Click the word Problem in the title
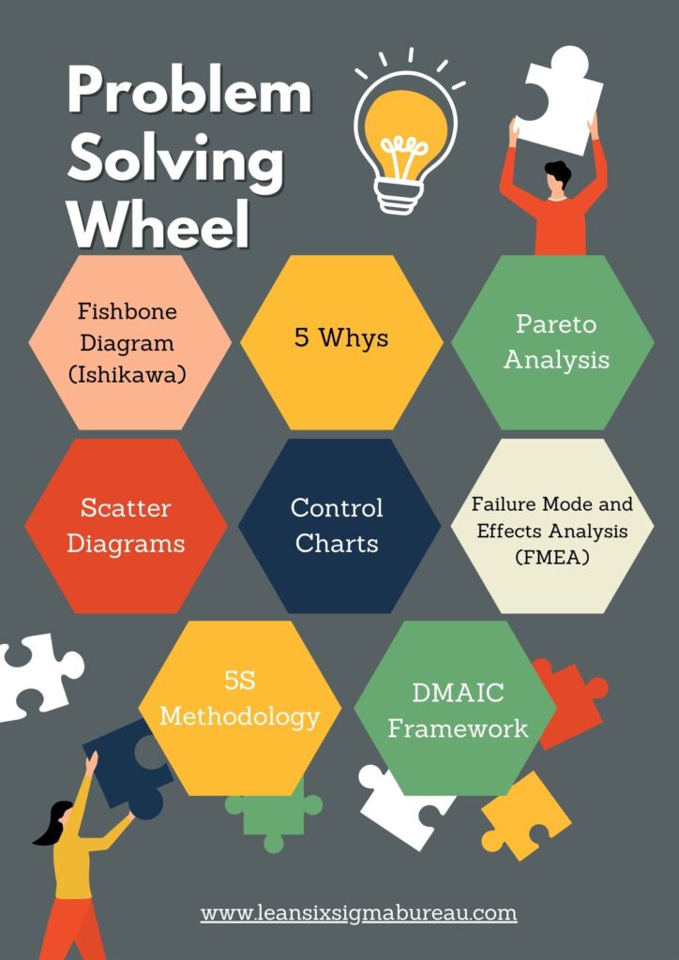[189, 93]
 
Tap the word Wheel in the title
[158, 223]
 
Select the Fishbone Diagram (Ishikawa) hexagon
[129, 342]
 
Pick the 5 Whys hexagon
[341, 342]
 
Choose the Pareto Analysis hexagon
[553, 342]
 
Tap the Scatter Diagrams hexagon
[126, 526]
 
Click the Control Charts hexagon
[339, 526]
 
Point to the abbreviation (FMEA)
[552, 558]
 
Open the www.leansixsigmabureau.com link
[359, 914]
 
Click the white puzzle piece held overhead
[558, 101]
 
